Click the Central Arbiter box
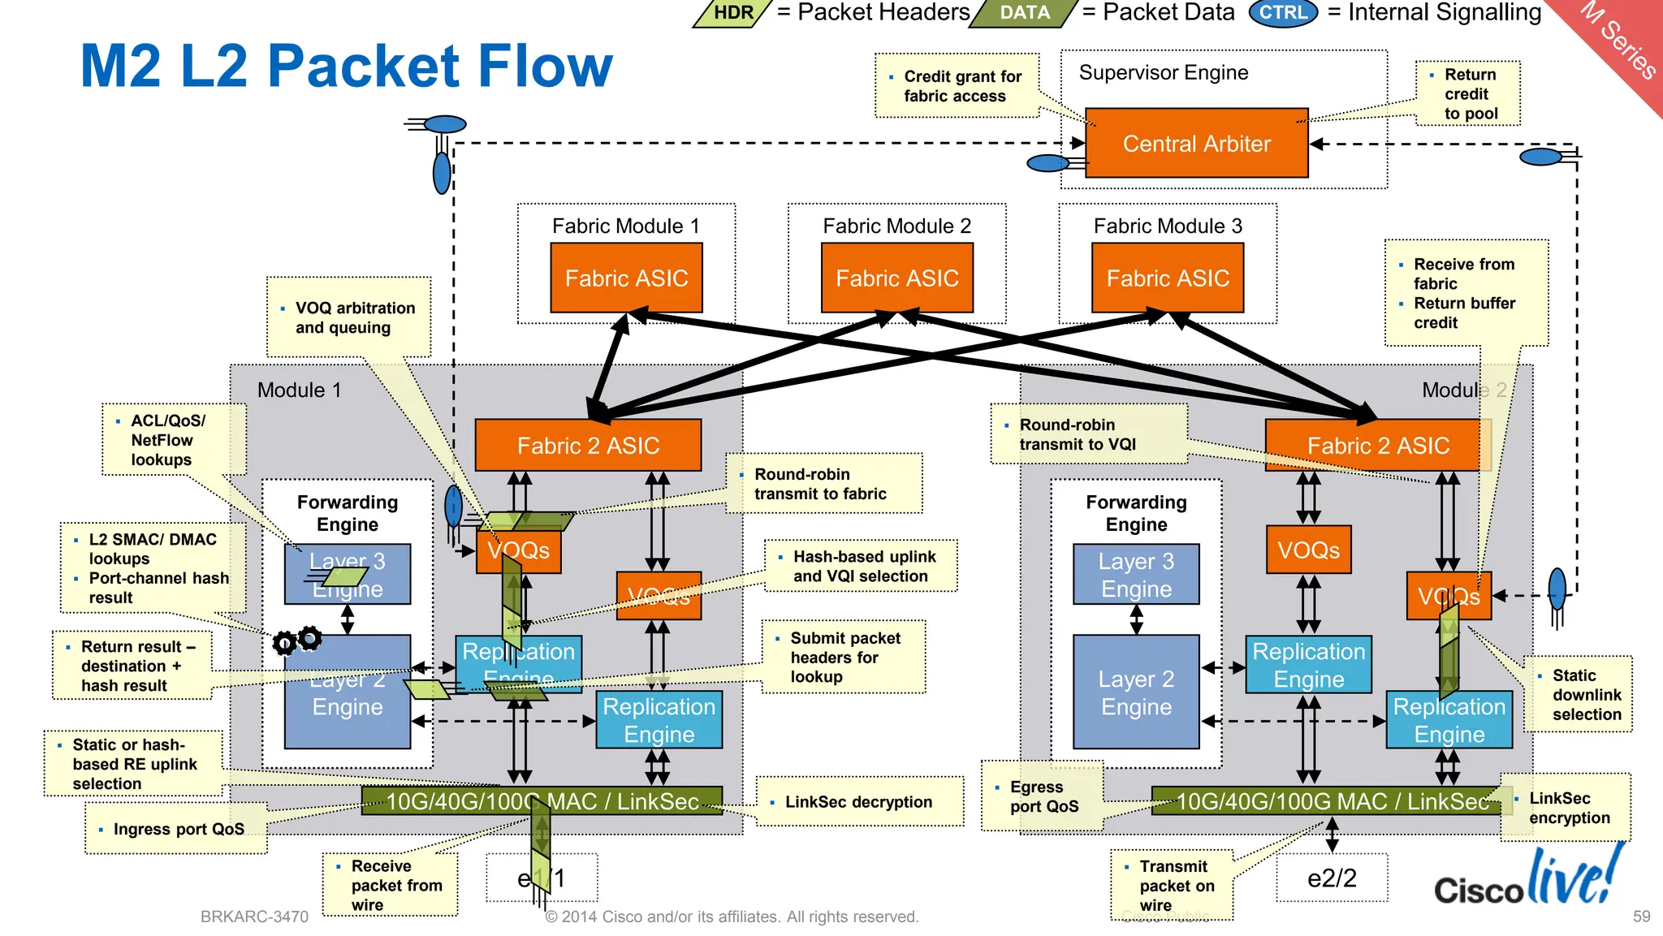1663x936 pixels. tap(1196, 144)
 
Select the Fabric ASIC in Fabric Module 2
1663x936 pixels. tap(896, 278)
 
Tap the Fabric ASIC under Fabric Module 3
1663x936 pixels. tap(1167, 278)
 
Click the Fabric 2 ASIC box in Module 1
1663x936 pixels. tap(588, 446)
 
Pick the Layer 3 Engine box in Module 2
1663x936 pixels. tap(1135, 575)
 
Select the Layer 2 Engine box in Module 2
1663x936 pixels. tap(1135, 692)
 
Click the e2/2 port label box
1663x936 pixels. tap(1331, 878)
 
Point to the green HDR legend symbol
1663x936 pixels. tap(732, 13)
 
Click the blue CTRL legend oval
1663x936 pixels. tap(1282, 13)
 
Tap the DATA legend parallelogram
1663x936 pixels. tap(1024, 13)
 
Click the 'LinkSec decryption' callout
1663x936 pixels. tap(859, 802)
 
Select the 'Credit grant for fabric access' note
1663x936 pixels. tap(957, 86)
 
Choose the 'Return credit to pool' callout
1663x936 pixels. tap(1468, 94)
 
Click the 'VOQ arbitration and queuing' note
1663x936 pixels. tap(349, 317)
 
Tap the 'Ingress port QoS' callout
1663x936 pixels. tap(177, 829)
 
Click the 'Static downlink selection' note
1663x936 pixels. tap(1578, 695)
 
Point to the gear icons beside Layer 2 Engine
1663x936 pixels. tap(296, 641)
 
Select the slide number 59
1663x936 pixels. tap(1641, 916)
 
